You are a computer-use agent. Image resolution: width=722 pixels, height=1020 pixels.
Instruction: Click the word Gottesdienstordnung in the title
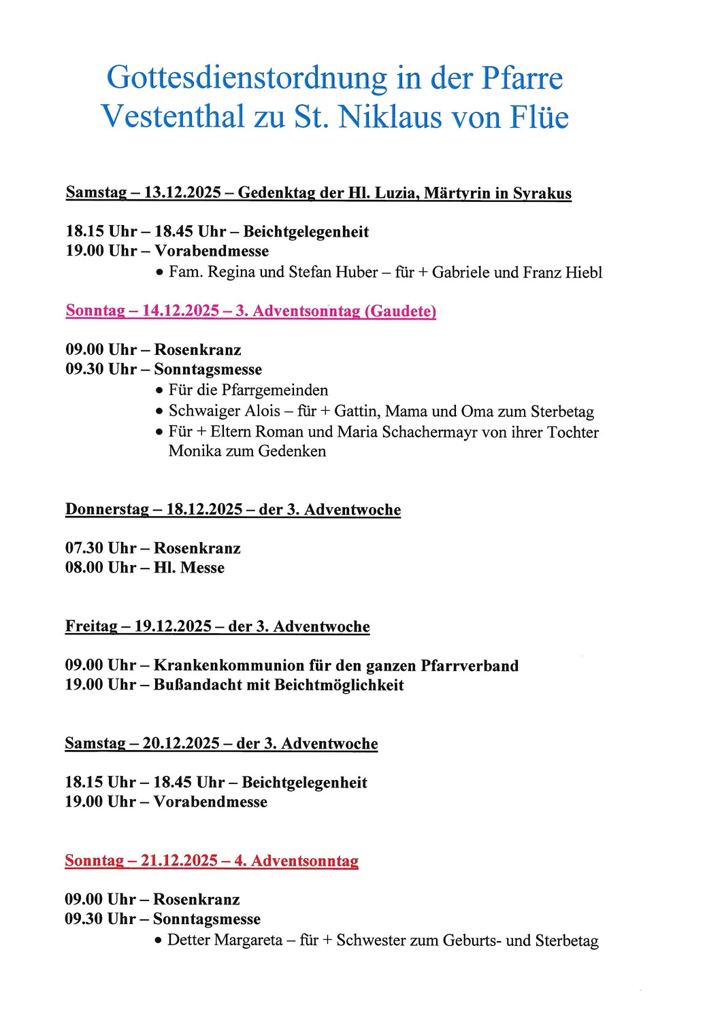pos(246,78)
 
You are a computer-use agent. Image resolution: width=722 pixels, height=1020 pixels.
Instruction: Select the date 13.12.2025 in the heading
pos(182,192)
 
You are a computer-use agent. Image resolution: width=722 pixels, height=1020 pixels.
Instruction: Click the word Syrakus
pos(542,193)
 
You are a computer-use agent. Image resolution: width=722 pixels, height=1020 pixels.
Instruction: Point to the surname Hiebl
pos(583,273)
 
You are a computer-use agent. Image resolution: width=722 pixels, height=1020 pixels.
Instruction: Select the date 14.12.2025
pos(180,311)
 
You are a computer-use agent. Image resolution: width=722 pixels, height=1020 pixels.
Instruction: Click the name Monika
pos(193,452)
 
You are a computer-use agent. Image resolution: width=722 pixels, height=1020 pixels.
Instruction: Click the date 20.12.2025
pos(181,744)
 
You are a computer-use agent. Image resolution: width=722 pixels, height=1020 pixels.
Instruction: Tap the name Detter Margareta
pos(225,940)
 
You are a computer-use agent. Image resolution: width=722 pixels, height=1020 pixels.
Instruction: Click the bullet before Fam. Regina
pos(159,273)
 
